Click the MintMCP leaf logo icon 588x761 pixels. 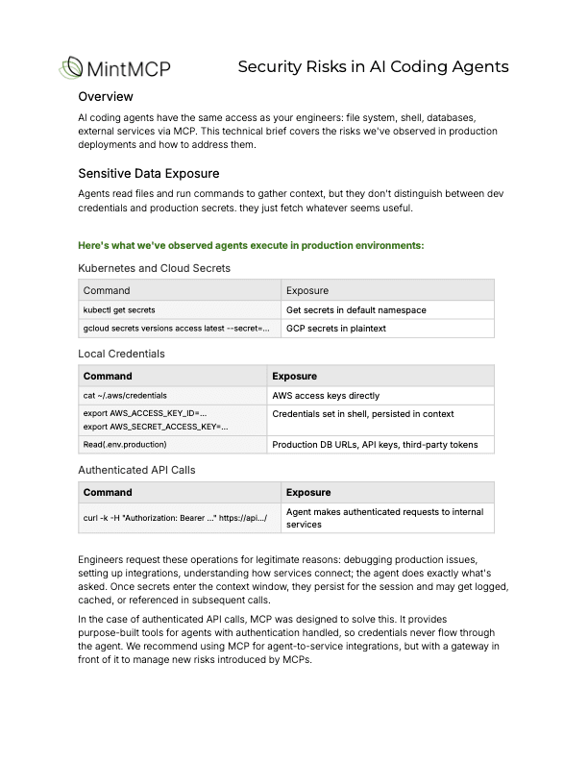(x=70, y=67)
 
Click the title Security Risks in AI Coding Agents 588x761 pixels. (x=373, y=66)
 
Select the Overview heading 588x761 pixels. (x=105, y=96)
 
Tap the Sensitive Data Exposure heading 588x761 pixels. (x=148, y=173)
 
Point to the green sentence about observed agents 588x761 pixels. (x=251, y=245)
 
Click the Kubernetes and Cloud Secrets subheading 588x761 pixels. (x=154, y=268)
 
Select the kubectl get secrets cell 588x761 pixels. (x=119, y=310)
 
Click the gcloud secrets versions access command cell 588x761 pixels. (x=176, y=329)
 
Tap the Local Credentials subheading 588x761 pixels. (x=121, y=354)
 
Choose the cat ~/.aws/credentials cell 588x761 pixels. (x=125, y=395)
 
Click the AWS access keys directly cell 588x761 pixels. (x=326, y=395)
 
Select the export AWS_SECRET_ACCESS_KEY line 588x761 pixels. (x=156, y=426)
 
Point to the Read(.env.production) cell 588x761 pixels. (x=125, y=444)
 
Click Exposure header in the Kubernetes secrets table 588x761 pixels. (x=307, y=290)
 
